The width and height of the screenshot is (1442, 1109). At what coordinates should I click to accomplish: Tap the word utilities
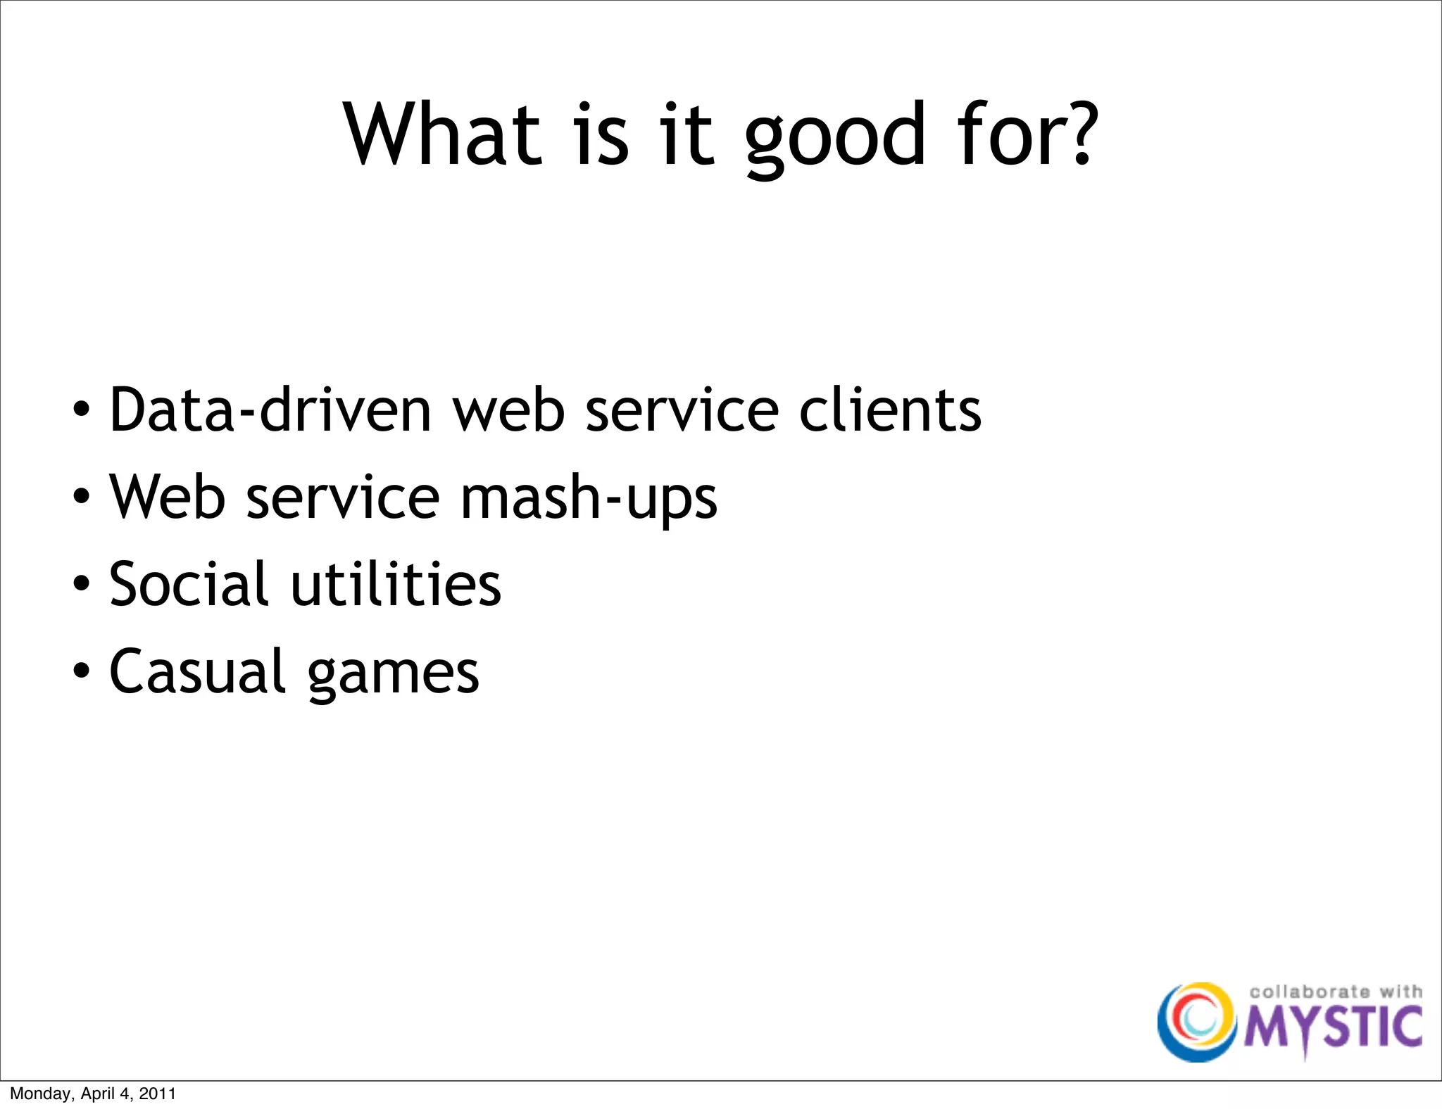click(x=396, y=584)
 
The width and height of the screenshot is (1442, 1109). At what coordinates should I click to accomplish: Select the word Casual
click(x=197, y=671)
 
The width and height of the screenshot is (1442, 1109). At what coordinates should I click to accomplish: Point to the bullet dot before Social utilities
click(x=82, y=583)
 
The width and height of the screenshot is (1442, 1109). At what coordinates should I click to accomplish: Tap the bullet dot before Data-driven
click(x=82, y=409)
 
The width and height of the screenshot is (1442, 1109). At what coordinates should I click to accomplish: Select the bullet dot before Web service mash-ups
click(x=82, y=496)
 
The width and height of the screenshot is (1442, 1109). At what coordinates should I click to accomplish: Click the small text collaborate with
click(x=1335, y=991)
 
